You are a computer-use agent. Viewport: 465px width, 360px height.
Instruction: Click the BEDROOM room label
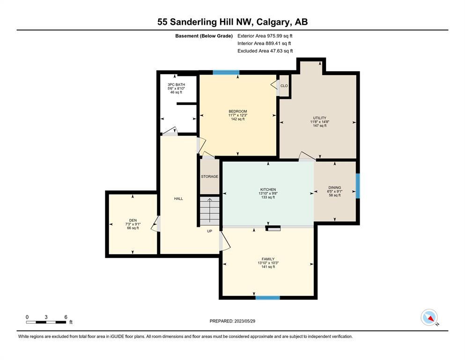tap(238, 111)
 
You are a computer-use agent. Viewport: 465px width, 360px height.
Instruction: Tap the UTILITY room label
tap(320, 118)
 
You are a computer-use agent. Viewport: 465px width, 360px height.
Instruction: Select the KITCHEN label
tap(268, 189)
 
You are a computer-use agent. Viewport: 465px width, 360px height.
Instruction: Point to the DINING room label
tap(335, 187)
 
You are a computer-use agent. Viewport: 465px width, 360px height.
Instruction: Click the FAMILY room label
tap(268, 259)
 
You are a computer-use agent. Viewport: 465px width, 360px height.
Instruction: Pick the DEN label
tap(133, 220)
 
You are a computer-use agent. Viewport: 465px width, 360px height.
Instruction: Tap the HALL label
tap(178, 199)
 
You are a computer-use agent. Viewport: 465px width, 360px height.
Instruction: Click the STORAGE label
tap(210, 176)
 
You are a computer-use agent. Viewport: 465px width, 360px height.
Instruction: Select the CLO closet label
tap(284, 86)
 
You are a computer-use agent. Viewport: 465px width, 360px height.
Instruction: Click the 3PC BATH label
tap(176, 84)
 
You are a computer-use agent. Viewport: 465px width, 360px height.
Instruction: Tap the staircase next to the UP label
tap(210, 211)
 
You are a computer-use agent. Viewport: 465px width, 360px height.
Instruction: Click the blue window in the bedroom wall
tap(226, 72)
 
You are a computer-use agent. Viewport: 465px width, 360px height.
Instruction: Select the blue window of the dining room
tap(358, 186)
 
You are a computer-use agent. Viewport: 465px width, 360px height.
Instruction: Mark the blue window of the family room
tap(267, 298)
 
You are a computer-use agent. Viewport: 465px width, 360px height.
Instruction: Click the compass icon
tap(429, 317)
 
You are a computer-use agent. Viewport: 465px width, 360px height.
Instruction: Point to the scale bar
tap(46, 322)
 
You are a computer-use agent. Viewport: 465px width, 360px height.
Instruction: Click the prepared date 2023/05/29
tap(244, 321)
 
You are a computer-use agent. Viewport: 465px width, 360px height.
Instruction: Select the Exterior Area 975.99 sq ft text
tap(265, 36)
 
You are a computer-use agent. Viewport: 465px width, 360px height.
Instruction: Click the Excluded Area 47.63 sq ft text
tap(265, 51)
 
